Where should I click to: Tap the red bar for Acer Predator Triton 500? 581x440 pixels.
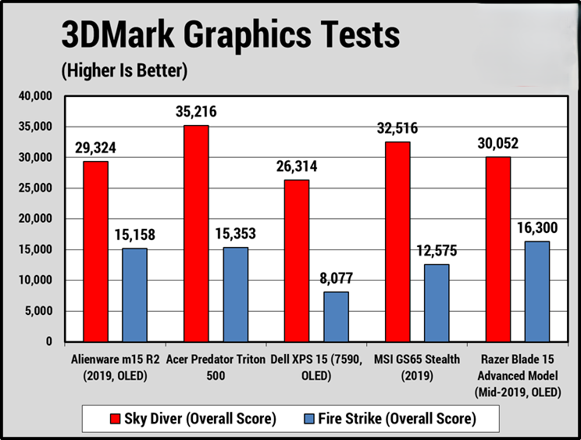coord(196,233)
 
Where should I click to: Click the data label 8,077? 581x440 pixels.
coord(336,278)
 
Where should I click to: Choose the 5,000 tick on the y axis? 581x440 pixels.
coord(37,311)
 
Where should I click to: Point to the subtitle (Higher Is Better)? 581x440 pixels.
coord(125,72)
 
